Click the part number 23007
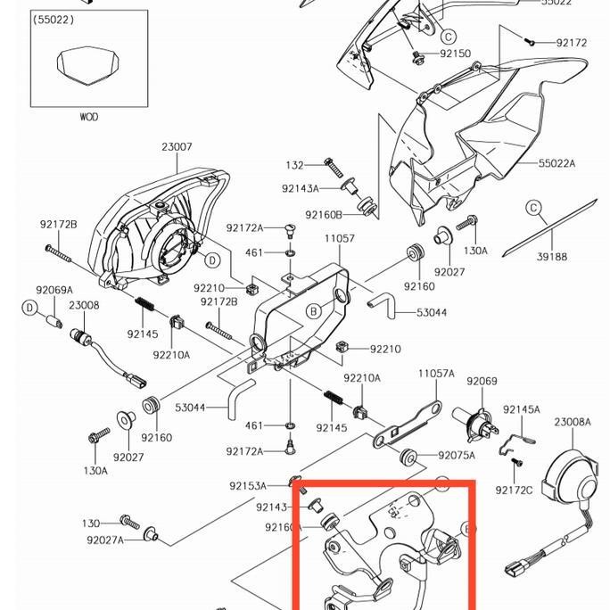pos(177,147)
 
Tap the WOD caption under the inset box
pos(88,117)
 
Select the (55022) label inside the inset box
pos(54,19)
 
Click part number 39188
pos(552,257)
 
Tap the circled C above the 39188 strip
pos(533,209)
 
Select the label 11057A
pos(436,374)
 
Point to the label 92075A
pos(457,456)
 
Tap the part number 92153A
pos(247,486)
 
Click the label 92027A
pos(105,539)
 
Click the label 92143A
pos(300,188)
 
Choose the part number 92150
pos(455,54)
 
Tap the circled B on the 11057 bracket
pos(314,311)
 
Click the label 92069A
pos(54,290)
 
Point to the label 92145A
pos(521,409)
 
